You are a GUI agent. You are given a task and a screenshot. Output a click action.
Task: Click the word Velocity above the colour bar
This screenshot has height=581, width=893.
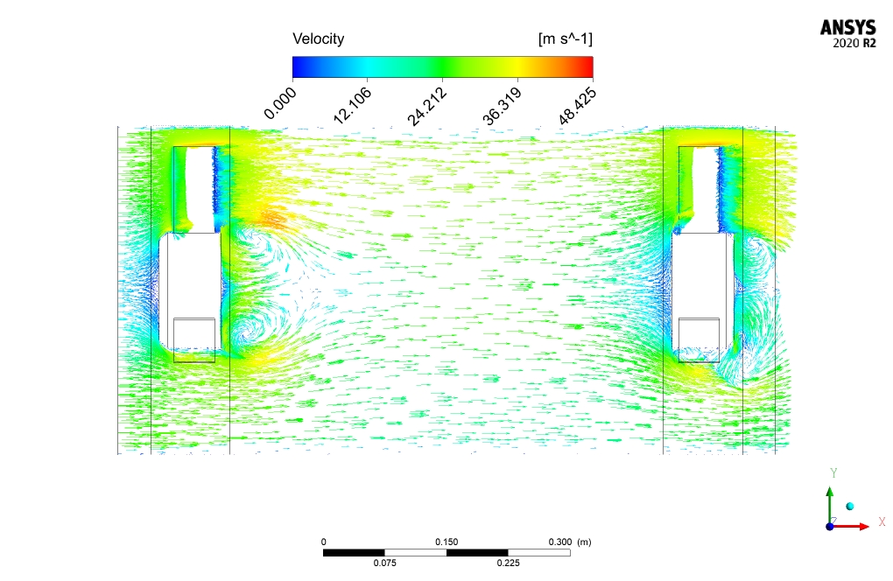pos(319,39)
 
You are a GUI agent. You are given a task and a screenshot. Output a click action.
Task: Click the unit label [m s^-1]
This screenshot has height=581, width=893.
pos(565,38)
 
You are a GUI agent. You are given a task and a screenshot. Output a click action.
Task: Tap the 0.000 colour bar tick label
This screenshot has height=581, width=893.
pos(281,103)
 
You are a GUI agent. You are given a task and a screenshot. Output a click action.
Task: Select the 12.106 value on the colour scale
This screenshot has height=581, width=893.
pos(353,106)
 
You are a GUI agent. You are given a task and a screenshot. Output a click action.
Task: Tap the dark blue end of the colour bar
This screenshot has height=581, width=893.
pos(298,66)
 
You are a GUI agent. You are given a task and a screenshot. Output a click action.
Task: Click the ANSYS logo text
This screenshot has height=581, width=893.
pos(848,28)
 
